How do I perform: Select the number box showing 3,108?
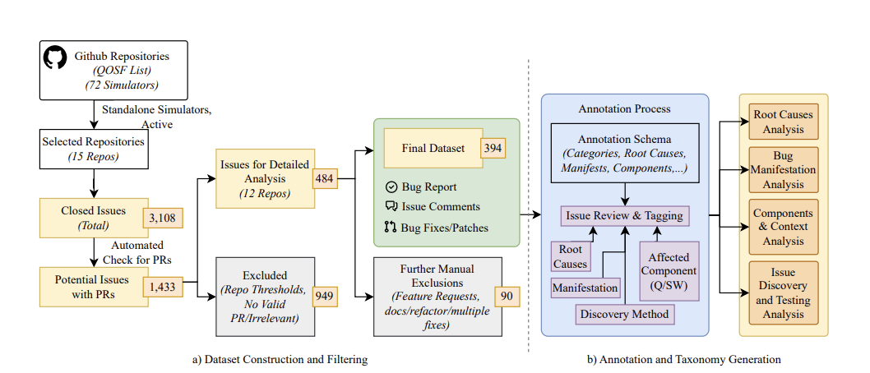pos(164,218)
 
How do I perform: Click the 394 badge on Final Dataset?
pos(493,150)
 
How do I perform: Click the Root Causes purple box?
pos(571,256)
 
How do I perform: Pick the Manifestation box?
pos(585,288)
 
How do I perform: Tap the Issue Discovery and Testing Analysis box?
pos(783,293)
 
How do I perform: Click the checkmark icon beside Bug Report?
pos(391,187)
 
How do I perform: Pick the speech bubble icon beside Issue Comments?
pos(391,206)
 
